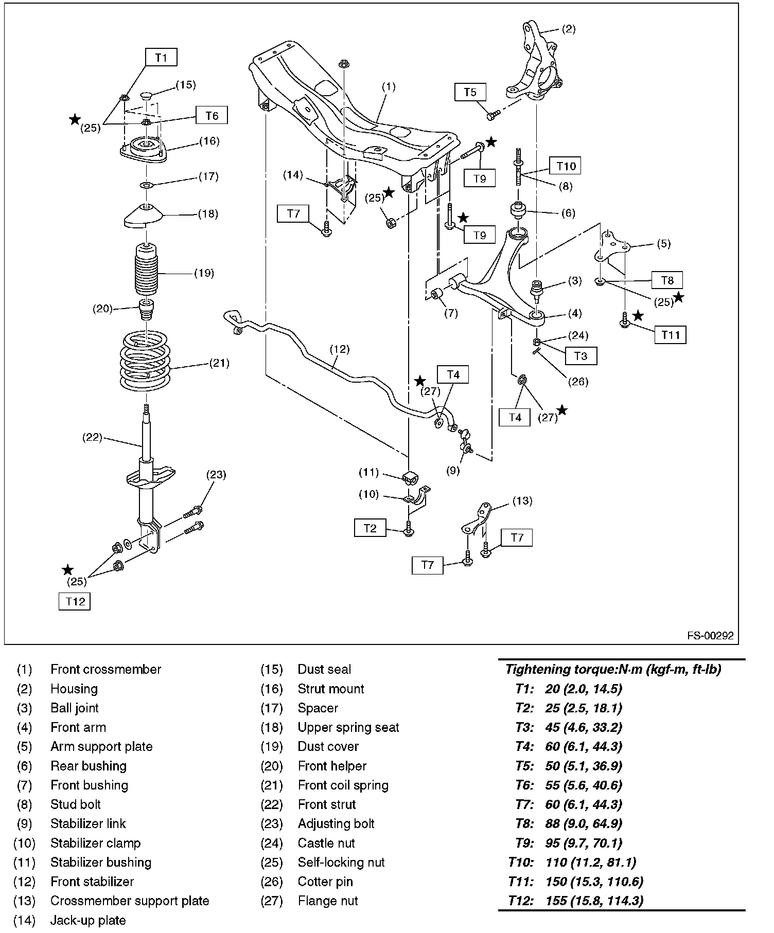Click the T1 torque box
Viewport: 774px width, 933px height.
tap(161, 57)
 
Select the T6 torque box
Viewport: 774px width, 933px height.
tap(212, 116)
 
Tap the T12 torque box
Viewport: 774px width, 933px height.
tap(75, 601)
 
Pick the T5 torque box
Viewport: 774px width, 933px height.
tap(470, 92)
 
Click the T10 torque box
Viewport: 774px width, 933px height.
tap(566, 166)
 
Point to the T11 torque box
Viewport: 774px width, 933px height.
tap(671, 335)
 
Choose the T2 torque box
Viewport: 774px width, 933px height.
tap(370, 528)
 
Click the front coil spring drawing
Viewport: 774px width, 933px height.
tap(146, 361)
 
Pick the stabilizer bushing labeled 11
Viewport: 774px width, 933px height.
tap(410, 478)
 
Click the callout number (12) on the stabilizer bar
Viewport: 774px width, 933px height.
tap(340, 350)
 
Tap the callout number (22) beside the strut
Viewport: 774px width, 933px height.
tap(93, 438)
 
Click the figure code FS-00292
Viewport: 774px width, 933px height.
tap(710, 636)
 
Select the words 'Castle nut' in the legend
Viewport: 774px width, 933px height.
tap(326, 843)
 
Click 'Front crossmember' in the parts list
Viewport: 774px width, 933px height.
tap(105, 669)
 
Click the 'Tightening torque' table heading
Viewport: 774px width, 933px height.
tap(613, 669)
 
